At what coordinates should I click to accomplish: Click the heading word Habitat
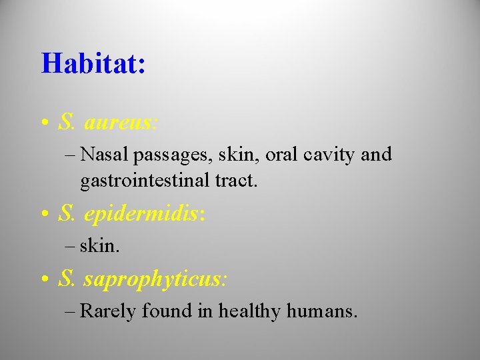click(93, 64)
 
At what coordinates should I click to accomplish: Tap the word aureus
click(121, 122)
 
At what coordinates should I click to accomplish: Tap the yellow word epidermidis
click(144, 214)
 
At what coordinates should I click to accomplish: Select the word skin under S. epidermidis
click(99, 245)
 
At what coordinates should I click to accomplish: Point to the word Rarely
click(109, 311)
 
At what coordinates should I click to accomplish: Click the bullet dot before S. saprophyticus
click(43, 279)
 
